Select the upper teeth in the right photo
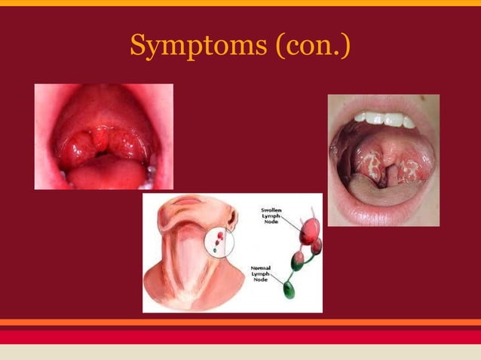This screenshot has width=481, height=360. pyautogui.click(x=384, y=119)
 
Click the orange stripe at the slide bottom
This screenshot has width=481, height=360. pyautogui.click(x=240, y=322)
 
